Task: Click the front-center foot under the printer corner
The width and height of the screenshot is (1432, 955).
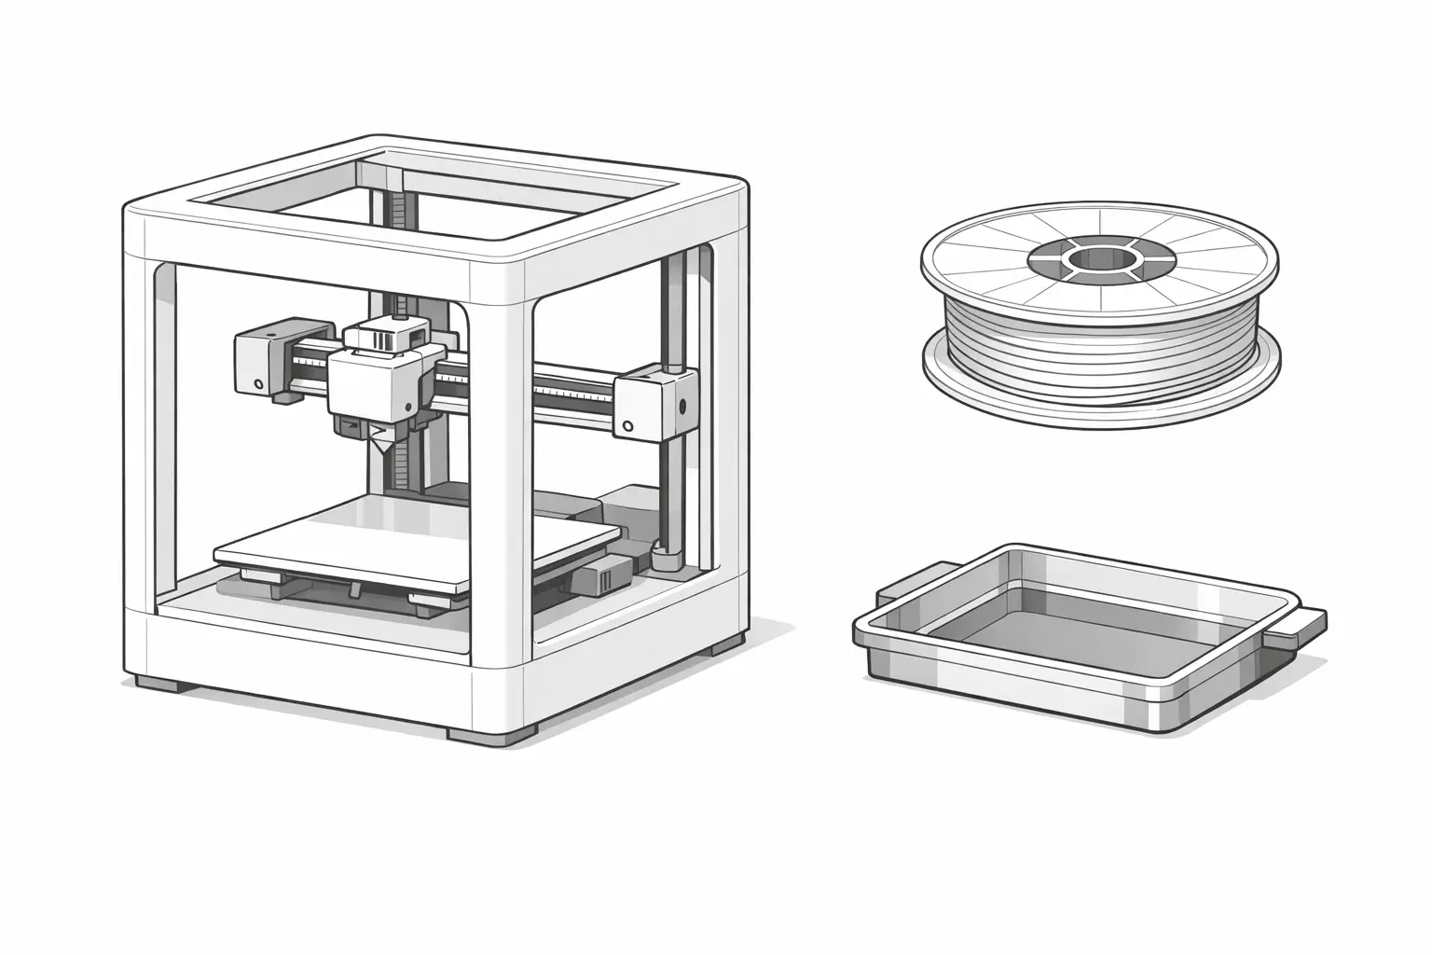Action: (487, 735)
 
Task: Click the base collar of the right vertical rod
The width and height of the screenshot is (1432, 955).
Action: (666, 560)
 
